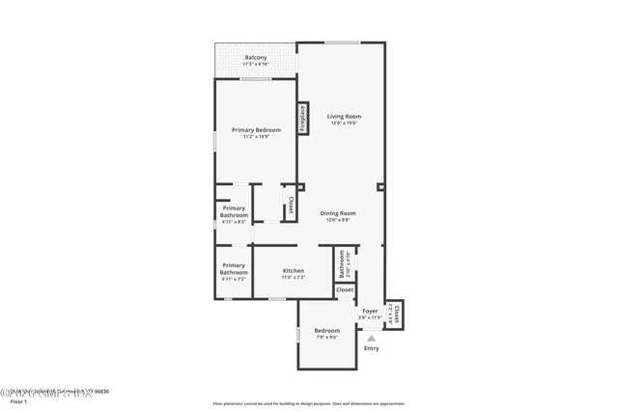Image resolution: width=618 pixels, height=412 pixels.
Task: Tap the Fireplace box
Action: [x=302, y=118]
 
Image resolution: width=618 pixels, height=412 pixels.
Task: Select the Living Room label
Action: [x=343, y=116]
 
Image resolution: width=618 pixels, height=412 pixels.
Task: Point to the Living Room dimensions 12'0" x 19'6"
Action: [x=343, y=124]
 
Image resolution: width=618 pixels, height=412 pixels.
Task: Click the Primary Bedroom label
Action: [x=256, y=129]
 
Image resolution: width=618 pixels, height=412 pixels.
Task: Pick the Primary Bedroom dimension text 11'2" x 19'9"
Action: [x=256, y=137]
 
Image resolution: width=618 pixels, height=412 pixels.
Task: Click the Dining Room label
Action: [x=338, y=213]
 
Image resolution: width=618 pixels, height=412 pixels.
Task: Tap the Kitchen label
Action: [x=294, y=271]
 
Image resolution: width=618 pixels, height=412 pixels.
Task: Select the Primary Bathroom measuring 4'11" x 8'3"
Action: [x=234, y=214]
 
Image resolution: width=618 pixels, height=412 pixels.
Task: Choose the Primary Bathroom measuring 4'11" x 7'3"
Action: [x=234, y=269]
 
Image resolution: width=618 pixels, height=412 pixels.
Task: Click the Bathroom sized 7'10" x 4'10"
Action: [x=341, y=262]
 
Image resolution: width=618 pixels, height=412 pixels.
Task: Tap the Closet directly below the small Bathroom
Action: [x=345, y=289]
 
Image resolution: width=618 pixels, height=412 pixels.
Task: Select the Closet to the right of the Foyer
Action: [x=395, y=315]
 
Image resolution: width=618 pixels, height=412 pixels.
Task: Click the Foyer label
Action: [x=370, y=311]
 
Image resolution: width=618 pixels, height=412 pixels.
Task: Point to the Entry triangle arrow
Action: [x=371, y=338]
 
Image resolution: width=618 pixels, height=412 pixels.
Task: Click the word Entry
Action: [x=371, y=348]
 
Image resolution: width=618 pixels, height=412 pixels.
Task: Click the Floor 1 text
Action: [x=17, y=401]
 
